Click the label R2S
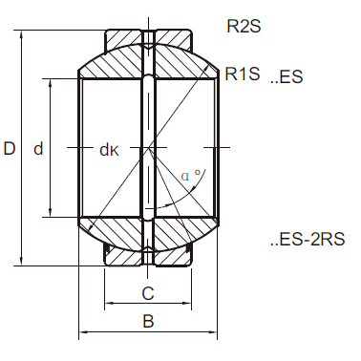point(244,27)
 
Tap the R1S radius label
point(244,74)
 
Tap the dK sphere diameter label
point(108,149)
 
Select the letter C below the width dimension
point(148,292)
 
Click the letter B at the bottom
point(148,322)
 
